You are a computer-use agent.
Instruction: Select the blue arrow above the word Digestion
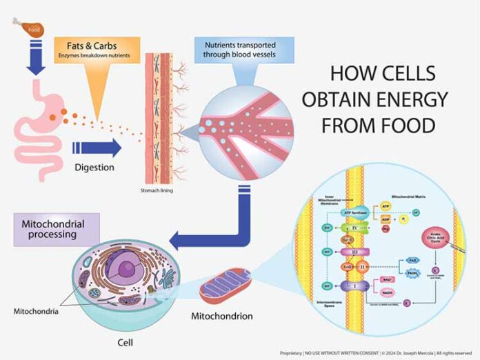[96, 148]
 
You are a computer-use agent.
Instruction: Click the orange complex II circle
[358, 266]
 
